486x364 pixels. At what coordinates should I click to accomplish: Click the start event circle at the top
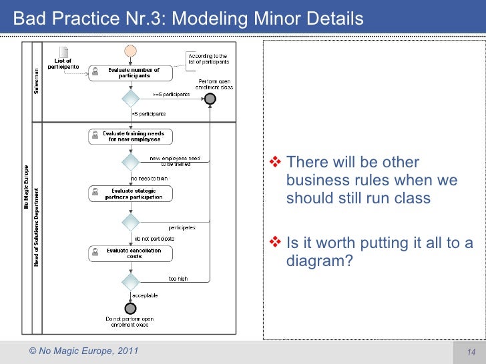pyautogui.click(x=131, y=51)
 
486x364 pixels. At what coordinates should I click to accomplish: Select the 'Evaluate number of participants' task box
pyautogui.click(x=131, y=73)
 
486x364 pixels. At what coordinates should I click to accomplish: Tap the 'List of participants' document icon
pyautogui.click(x=63, y=53)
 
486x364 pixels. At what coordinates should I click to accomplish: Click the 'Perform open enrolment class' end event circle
pyautogui.click(x=210, y=99)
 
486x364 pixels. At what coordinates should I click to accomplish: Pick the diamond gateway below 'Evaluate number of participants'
pyautogui.click(x=131, y=99)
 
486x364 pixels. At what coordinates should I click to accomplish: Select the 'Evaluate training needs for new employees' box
pyautogui.click(x=131, y=137)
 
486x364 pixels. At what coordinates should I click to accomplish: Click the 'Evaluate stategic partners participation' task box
pyautogui.click(x=131, y=194)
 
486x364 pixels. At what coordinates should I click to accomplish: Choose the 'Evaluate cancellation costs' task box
pyautogui.click(x=131, y=253)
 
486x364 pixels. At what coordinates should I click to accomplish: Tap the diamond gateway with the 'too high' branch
pyautogui.click(x=131, y=281)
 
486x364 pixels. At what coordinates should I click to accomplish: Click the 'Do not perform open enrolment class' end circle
pyautogui.click(x=131, y=308)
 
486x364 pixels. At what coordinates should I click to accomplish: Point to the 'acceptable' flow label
pyautogui.click(x=144, y=295)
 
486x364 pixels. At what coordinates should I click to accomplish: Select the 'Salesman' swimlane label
pyautogui.click(x=37, y=81)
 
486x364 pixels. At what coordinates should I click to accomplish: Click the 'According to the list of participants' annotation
pyautogui.click(x=208, y=59)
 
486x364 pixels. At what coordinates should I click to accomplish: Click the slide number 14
pyautogui.click(x=469, y=352)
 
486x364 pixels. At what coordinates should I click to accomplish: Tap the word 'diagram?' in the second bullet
pyautogui.click(x=319, y=261)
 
